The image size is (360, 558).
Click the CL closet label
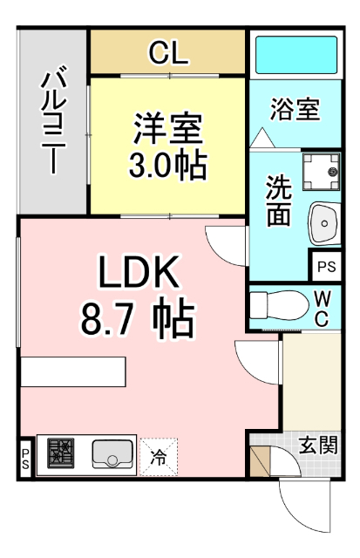pos(168,54)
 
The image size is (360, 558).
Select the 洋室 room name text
pos(167,130)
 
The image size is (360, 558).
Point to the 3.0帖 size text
pos(167,164)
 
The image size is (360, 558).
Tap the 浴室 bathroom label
pos(295,110)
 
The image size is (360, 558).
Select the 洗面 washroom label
pos(278,201)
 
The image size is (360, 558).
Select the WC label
pos(322,307)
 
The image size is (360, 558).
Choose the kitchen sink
pos(112,454)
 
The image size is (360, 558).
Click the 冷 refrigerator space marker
pos(159,455)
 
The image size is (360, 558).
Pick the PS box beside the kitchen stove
pos(24,459)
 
